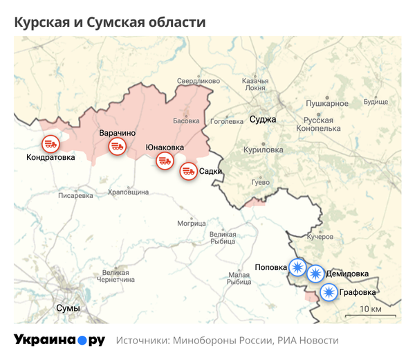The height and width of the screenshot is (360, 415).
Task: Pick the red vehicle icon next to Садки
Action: (x=188, y=171)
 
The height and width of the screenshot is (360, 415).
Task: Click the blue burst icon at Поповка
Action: (x=297, y=267)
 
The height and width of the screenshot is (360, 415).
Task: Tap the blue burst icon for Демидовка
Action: (x=315, y=273)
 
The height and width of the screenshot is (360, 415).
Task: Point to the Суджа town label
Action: (x=263, y=119)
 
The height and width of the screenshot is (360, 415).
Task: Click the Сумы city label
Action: (x=67, y=308)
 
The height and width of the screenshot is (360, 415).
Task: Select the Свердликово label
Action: (x=199, y=81)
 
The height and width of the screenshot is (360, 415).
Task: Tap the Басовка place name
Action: (x=186, y=120)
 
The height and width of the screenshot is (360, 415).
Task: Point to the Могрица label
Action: (x=192, y=224)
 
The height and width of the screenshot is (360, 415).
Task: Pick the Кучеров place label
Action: (x=320, y=237)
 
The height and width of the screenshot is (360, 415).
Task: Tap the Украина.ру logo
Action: (x=59, y=341)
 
